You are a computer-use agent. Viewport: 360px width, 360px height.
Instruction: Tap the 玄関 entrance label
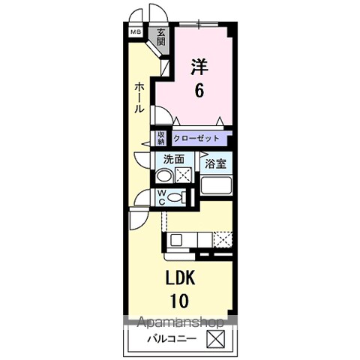point(161,37)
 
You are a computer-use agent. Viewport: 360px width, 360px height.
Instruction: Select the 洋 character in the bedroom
point(199,67)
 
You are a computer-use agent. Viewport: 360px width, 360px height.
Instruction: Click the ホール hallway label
point(139,97)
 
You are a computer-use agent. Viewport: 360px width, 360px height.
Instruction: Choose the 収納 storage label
point(161,138)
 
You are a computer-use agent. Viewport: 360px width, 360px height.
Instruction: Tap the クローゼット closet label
point(196,138)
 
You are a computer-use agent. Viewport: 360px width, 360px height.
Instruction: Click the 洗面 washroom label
point(174,159)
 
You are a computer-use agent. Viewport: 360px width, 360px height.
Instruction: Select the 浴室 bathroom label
point(215,163)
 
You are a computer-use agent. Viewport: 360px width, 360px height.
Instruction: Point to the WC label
point(162,197)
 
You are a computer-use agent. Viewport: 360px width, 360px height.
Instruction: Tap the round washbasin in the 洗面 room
point(164,176)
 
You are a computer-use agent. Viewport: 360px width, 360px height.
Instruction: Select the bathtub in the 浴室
point(216,185)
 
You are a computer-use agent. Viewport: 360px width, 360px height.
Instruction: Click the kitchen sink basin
point(176,240)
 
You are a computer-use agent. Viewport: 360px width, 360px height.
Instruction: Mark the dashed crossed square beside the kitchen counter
point(223,240)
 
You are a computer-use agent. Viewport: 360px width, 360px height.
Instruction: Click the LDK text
point(181,278)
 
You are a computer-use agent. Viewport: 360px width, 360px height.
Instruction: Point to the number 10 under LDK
point(179,301)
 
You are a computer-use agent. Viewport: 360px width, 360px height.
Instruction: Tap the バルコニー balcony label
point(172,339)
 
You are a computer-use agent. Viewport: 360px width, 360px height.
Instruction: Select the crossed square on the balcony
point(215,339)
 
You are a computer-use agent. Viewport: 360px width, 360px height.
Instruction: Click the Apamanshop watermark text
point(181,322)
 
